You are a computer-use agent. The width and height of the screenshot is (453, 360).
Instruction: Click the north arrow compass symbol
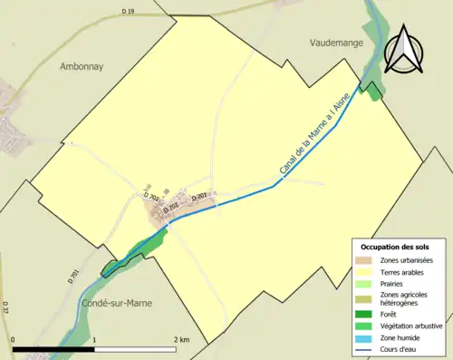404,49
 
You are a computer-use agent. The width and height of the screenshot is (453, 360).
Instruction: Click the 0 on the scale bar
13,339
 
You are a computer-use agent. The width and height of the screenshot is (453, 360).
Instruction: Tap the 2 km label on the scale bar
180,339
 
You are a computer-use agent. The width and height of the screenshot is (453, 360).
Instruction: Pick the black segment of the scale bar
54,348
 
